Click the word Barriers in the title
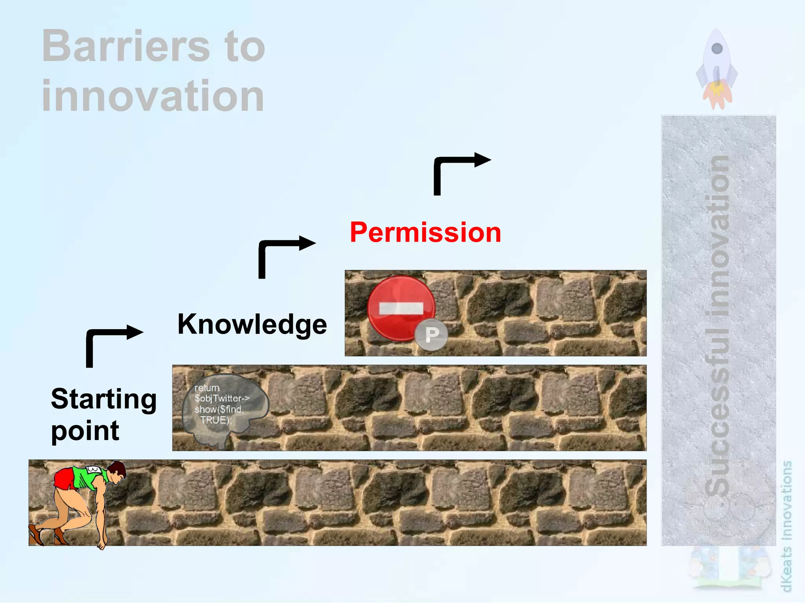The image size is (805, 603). coord(126,46)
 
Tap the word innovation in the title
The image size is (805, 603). coord(153,96)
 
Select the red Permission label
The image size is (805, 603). coord(425,232)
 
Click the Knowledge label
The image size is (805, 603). coord(252,324)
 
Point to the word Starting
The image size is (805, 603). coord(104,399)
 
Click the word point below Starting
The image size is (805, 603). coord(85,431)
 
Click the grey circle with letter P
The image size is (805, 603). coord(432,335)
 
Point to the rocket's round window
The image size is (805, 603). coord(717,48)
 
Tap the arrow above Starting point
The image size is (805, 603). coord(112,344)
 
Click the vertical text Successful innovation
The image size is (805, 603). coord(718,326)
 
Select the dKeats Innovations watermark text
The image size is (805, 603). coord(786,526)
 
